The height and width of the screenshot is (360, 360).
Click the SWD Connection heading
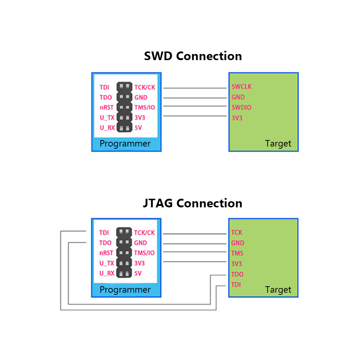pyautogui.click(x=193, y=56)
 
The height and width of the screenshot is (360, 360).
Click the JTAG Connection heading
pyautogui.click(x=192, y=203)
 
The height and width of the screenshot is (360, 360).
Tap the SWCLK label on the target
pyautogui.click(x=242, y=86)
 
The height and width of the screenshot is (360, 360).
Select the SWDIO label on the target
pyautogui.click(x=241, y=107)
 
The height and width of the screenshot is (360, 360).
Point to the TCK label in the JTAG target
pyautogui.click(x=237, y=232)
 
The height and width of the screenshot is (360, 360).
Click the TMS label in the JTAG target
pyautogui.click(x=237, y=253)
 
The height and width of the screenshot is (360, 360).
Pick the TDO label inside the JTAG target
pyautogui.click(x=237, y=274)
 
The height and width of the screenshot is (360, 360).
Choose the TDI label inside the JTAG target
pyautogui.click(x=236, y=285)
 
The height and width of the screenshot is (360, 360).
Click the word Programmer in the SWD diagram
pyautogui.click(x=125, y=144)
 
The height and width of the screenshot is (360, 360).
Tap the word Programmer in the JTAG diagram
pyautogui.click(x=125, y=290)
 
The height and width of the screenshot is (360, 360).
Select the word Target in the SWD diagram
pyautogui.click(x=278, y=144)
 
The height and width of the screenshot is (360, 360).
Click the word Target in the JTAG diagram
pyautogui.click(x=278, y=290)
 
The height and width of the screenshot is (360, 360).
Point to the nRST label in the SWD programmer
pyautogui.click(x=107, y=107)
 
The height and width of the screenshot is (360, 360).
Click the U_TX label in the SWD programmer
pyautogui.click(x=107, y=118)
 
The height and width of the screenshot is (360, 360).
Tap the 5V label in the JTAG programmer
pyautogui.click(x=138, y=273)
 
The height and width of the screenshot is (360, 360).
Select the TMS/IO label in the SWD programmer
pyautogui.click(x=145, y=107)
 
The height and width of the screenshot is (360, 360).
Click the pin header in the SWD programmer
pyautogui.click(x=125, y=107)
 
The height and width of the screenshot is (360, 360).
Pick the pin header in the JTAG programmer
pyautogui.click(x=124, y=253)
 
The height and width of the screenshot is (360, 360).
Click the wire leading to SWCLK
pyautogui.click(x=195, y=88)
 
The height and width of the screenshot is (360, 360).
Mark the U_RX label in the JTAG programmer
pyautogui.click(x=107, y=273)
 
